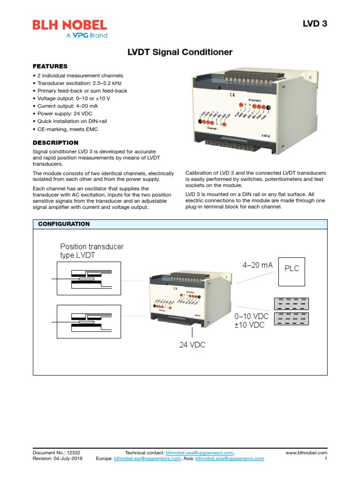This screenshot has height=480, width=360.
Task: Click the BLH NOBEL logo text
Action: point(69,25)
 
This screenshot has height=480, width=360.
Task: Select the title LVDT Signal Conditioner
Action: point(180,52)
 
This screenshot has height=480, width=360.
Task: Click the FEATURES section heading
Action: point(50,66)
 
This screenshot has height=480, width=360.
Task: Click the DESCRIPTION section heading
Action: point(55,142)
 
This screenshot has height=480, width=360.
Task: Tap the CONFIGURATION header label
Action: point(64,224)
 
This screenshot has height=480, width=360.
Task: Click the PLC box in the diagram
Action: point(292,271)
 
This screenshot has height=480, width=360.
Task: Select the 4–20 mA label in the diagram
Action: point(257,265)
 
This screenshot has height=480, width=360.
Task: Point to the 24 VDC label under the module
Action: point(192,345)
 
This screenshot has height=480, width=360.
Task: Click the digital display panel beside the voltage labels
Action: point(292,311)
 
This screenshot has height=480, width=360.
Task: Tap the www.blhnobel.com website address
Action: point(306,453)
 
